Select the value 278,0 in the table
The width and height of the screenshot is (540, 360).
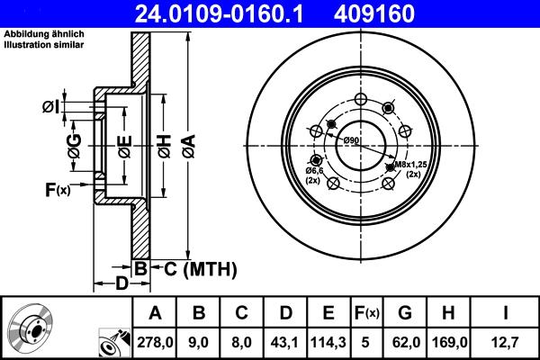coord(155,341)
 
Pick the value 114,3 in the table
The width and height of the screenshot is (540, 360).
coord(328,341)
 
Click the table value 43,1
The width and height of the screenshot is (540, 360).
coord(285,341)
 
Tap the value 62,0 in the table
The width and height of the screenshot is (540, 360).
coord(405,341)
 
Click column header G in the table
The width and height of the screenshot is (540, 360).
coord(405,313)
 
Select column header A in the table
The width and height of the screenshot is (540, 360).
coord(155,313)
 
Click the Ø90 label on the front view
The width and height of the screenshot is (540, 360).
coord(351,140)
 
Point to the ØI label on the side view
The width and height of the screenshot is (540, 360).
coord(51,108)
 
